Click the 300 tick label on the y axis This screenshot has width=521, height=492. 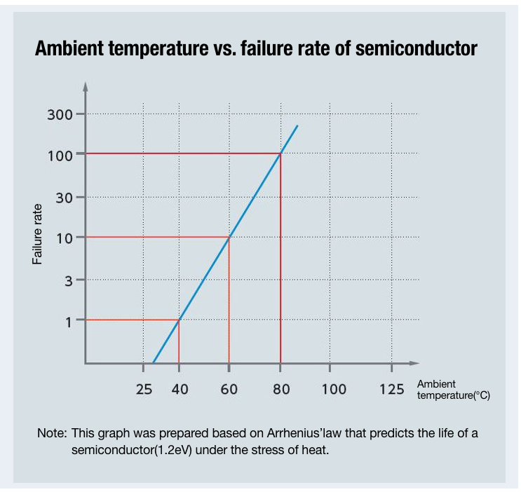coord(60,114)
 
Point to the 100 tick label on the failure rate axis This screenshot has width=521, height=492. coord(60,155)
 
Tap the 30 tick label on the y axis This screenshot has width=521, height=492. coord(65,198)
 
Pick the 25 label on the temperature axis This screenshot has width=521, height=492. coord(144,389)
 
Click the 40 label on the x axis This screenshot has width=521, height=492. coord(180,389)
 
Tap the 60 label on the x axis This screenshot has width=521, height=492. coord(229,389)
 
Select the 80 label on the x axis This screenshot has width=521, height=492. coord(281,389)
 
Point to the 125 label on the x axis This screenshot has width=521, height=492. coord(391,389)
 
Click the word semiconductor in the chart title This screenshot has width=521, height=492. coord(416,50)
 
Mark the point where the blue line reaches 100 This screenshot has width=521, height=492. coord(280,153)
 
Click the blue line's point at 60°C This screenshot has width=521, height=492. coord(229,237)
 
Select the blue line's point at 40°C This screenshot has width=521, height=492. coord(180,320)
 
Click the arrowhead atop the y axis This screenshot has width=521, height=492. coord(86,87)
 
